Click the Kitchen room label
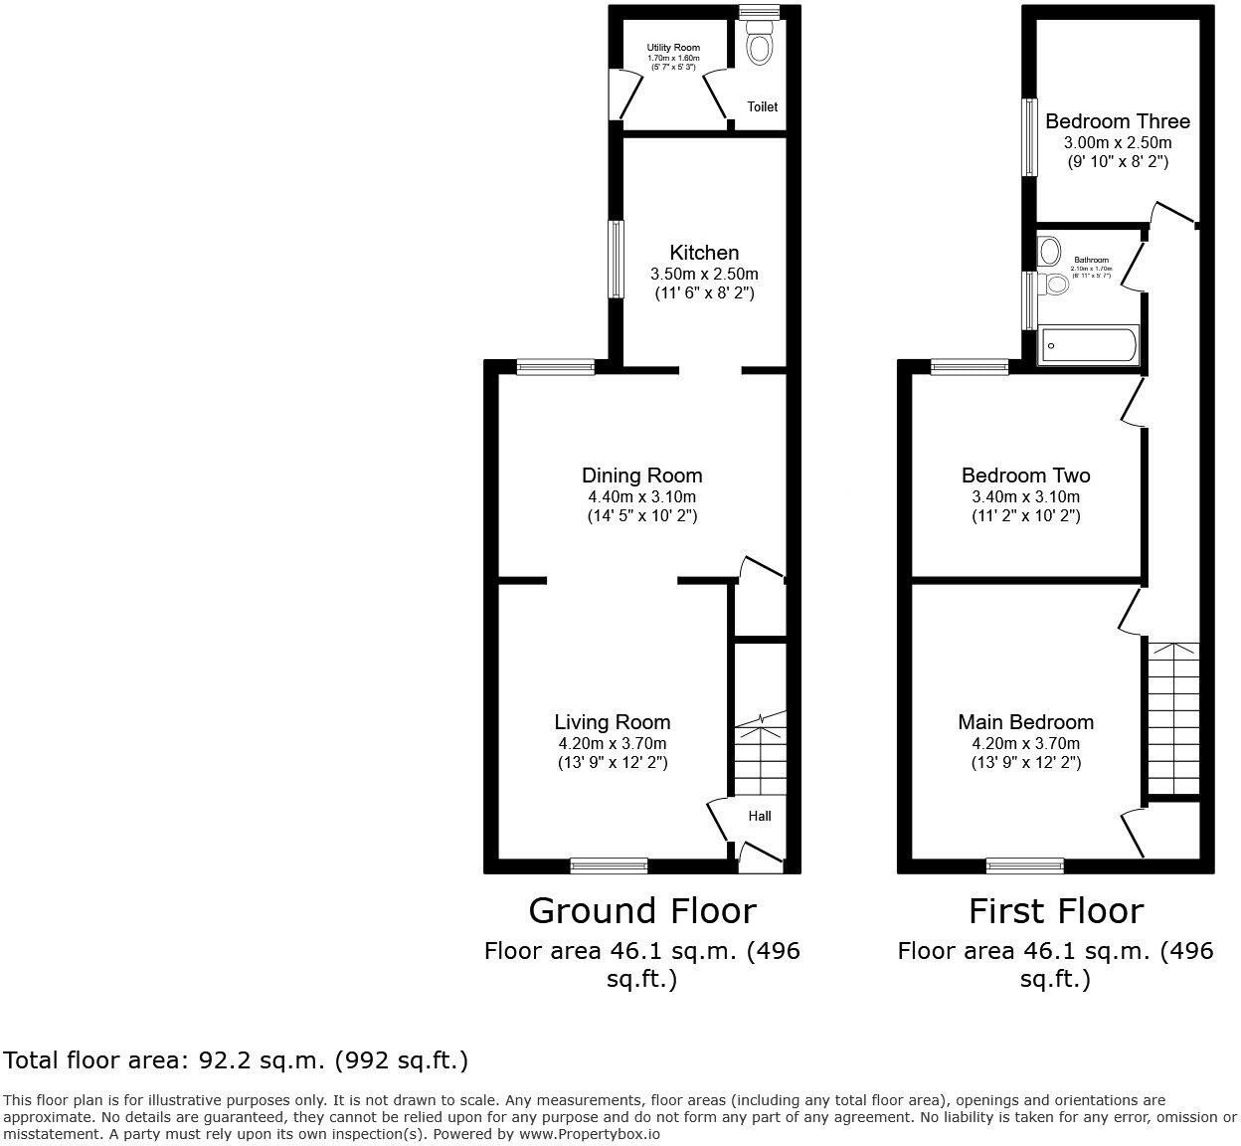click(703, 253)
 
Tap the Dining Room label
click(641, 476)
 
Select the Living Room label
click(612, 722)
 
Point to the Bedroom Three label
click(1117, 121)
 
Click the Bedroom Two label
click(1025, 476)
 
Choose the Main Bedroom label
click(1025, 722)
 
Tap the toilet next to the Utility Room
click(761, 47)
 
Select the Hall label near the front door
click(760, 816)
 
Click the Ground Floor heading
click(641, 910)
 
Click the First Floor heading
click(1056, 910)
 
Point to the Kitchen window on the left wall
click(617, 259)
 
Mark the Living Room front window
click(609, 866)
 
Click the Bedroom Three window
click(1030, 136)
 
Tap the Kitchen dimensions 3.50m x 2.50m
click(703, 274)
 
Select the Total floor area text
click(236, 1060)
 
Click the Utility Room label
click(673, 48)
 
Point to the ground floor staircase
click(761, 756)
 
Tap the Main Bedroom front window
click(1024, 866)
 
